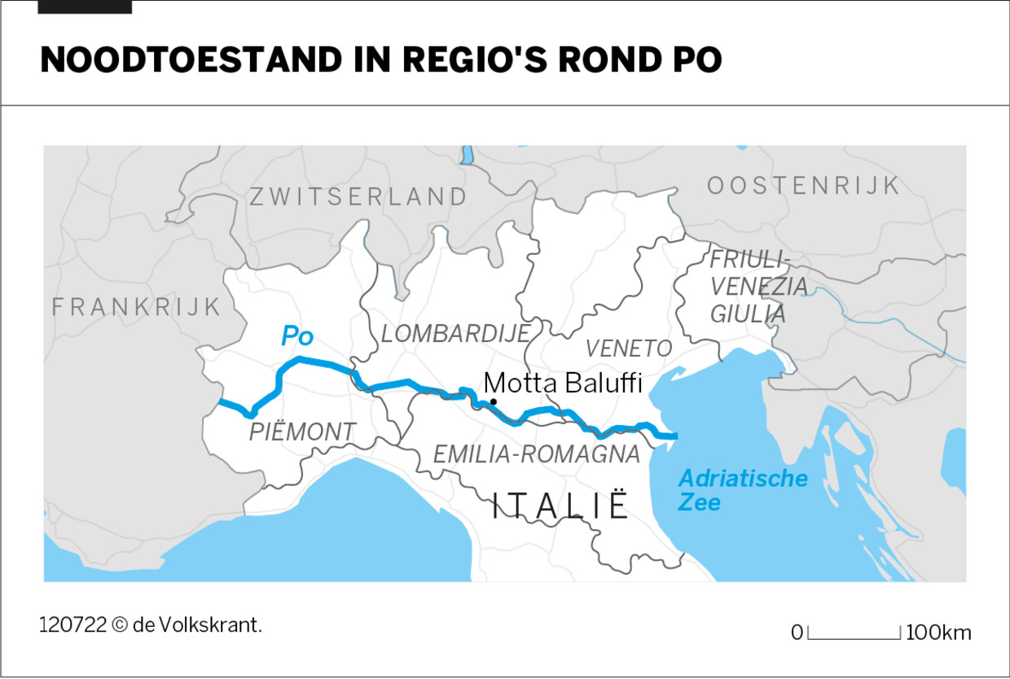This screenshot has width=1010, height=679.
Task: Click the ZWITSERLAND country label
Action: [358, 197]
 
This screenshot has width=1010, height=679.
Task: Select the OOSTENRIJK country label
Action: [803, 186]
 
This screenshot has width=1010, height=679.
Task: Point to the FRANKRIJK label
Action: [137, 307]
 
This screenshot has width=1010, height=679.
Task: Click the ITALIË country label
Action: [561, 506]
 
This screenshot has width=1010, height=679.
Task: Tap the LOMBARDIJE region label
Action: [455, 333]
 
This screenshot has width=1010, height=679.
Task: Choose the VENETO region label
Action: [629, 348]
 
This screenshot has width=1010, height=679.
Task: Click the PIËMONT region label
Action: [302, 432]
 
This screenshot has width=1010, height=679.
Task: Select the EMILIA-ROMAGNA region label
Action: [536, 454]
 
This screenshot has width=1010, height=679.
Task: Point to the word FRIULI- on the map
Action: [749, 260]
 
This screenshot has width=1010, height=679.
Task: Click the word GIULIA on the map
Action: [748, 314]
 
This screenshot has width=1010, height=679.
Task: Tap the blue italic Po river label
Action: [297, 335]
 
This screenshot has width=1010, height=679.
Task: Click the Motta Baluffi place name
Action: [563, 383]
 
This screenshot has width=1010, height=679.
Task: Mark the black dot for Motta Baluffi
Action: [493, 401]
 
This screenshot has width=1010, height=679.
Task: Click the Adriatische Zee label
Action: [742, 489]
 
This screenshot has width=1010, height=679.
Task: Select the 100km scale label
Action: [938, 633]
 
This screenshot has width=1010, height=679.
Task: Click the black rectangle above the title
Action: [85, 7]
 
